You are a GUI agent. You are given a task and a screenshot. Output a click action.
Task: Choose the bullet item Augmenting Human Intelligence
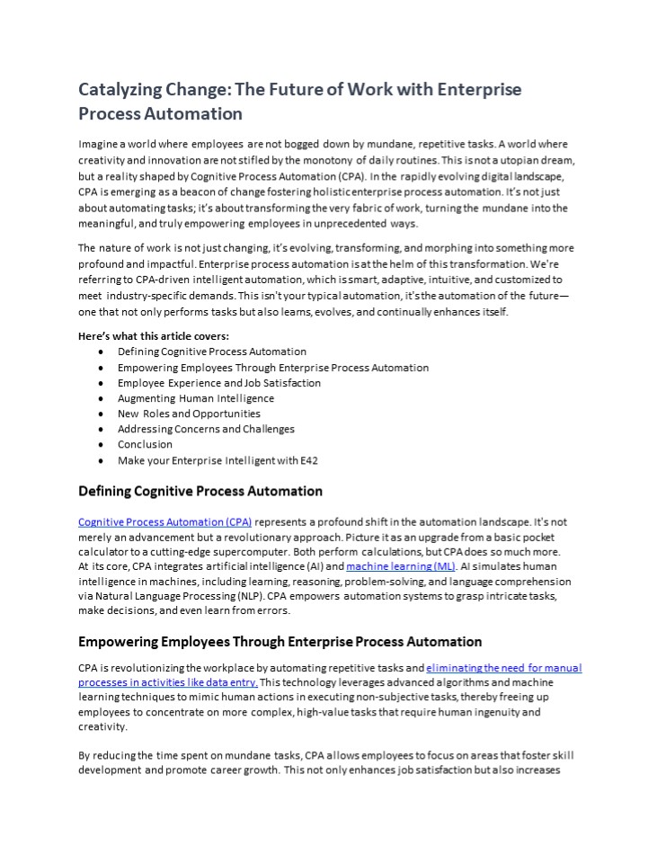click(x=196, y=398)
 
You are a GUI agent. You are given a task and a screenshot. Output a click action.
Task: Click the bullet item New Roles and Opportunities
click(x=189, y=414)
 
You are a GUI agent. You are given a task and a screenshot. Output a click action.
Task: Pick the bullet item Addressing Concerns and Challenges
click(x=206, y=429)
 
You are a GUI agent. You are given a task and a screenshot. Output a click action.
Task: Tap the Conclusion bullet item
click(x=145, y=444)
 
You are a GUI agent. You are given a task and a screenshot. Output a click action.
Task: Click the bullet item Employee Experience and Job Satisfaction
click(x=218, y=383)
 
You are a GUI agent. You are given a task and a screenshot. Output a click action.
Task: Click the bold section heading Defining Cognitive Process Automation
click(x=200, y=492)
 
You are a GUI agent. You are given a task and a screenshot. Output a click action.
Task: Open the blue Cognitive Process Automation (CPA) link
click(x=165, y=522)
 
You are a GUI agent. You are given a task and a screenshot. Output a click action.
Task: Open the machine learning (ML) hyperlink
click(x=401, y=566)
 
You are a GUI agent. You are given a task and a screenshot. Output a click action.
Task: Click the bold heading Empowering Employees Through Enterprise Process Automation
click(x=280, y=642)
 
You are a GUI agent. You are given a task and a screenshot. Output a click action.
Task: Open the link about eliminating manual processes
click(x=503, y=668)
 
